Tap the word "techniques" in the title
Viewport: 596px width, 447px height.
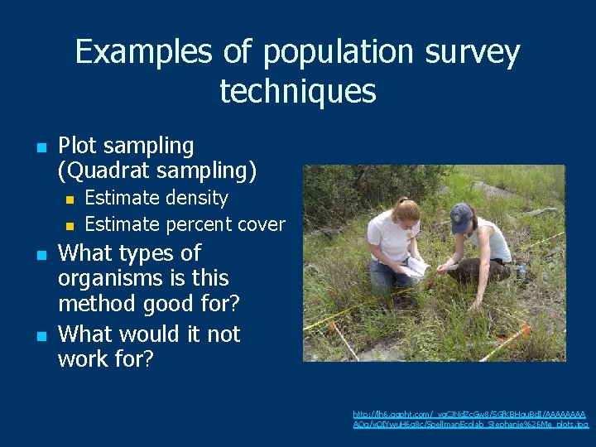click(x=298, y=91)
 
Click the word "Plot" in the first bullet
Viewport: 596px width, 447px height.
click(x=79, y=146)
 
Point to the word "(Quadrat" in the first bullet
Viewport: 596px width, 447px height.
click(x=101, y=171)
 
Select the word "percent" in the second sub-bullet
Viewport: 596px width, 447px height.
click(x=197, y=224)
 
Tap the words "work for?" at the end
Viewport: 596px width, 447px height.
click(x=104, y=359)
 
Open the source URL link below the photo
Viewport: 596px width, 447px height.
click(x=469, y=419)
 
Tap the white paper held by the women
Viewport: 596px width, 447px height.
click(x=414, y=267)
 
